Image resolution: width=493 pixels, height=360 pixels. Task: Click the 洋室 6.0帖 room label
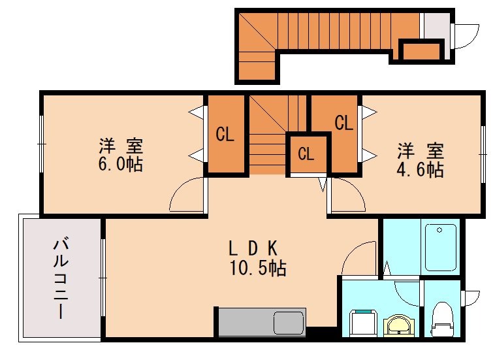pyautogui.click(x=121, y=155)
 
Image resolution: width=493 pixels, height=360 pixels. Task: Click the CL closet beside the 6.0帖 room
pyautogui.click(x=226, y=135)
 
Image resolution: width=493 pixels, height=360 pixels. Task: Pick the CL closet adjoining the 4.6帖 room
pyautogui.click(x=343, y=123)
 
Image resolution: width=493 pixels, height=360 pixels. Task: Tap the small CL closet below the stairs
pyautogui.click(x=306, y=154)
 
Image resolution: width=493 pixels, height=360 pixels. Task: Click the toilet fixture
pyautogui.click(x=441, y=318)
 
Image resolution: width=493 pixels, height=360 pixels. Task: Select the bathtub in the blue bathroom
pyautogui.click(x=441, y=247)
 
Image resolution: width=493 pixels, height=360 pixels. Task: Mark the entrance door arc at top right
pyautogui.click(x=465, y=36)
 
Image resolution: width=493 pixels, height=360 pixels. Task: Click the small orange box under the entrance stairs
pyautogui.click(x=421, y=50)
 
